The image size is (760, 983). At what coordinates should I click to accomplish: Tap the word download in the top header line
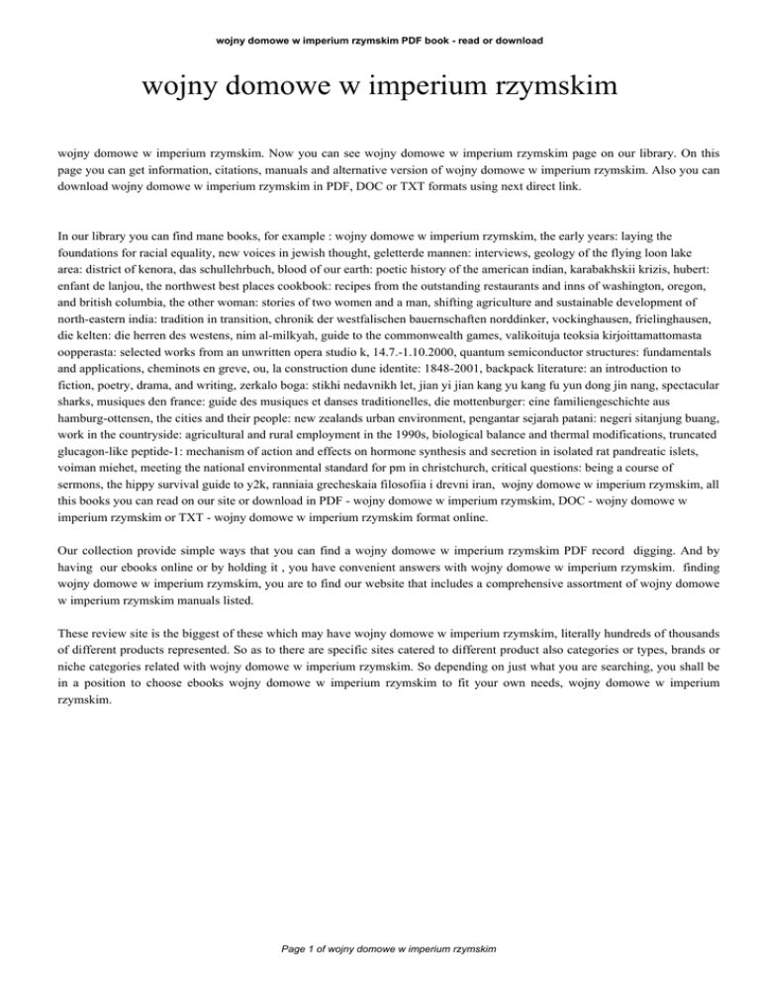(x=512, y=41)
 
